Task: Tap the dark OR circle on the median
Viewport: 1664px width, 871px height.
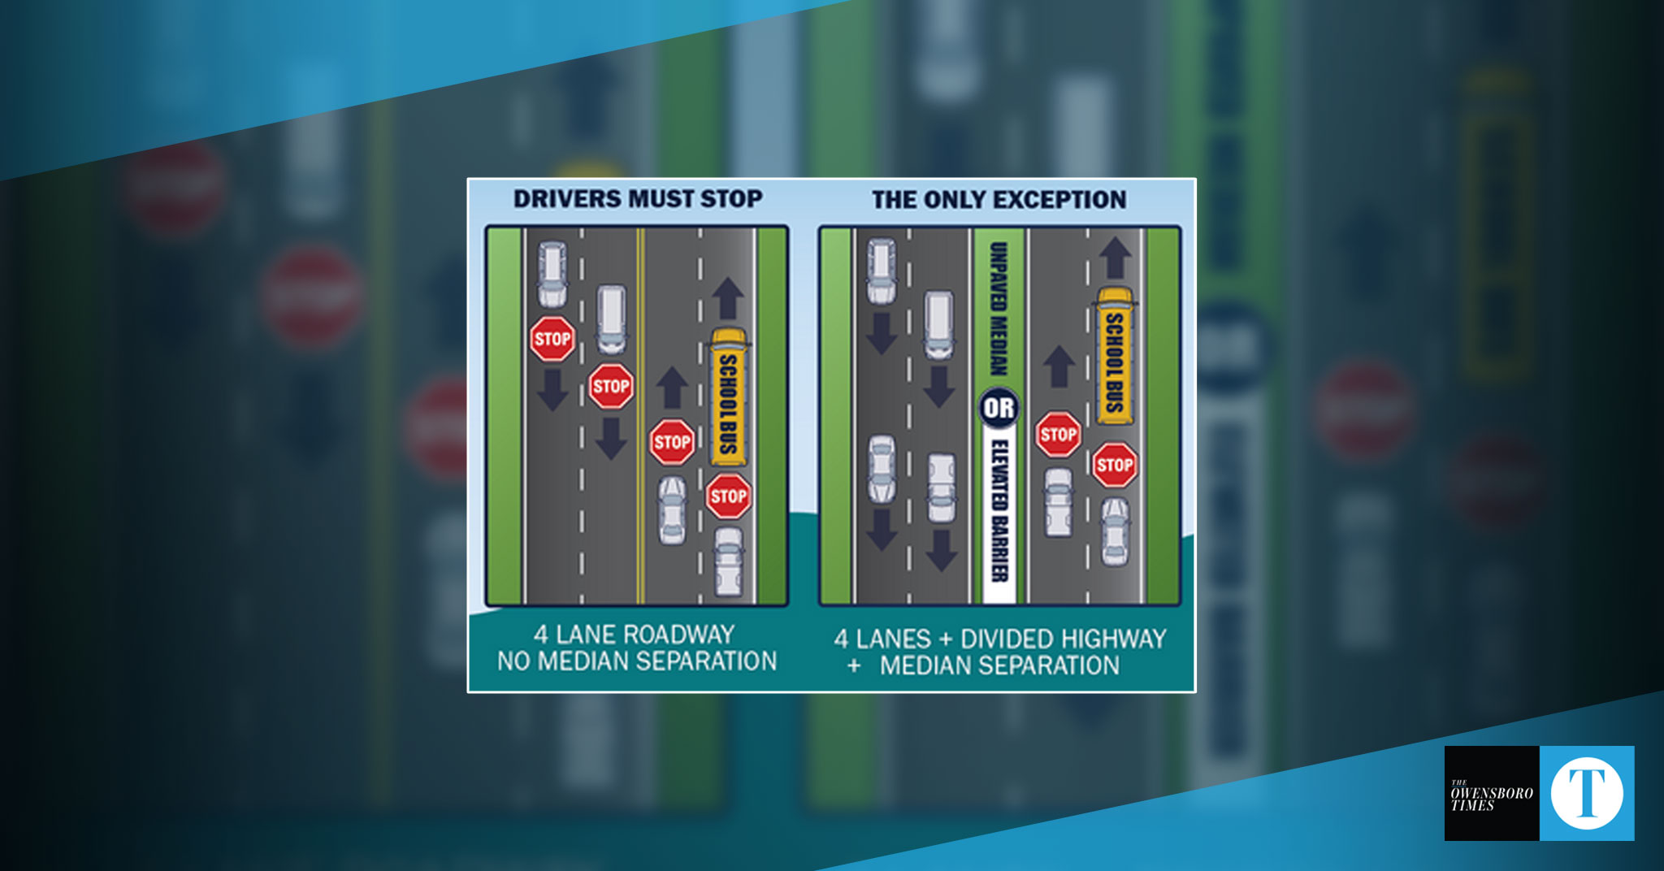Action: (999, 409)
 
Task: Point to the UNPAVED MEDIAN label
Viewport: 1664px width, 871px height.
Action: (999, 310)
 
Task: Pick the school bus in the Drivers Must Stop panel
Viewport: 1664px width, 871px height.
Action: (728, 396)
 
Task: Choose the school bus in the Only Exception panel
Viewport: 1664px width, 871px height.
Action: (1114, 356)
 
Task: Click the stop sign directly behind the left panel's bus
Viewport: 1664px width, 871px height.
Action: (728, 496)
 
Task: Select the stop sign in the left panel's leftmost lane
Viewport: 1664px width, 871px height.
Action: (552, 339)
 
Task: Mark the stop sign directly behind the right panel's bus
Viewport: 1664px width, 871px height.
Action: (1114, 465)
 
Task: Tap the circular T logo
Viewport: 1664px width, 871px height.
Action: (1587, 793)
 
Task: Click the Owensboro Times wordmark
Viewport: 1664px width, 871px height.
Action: (1491, 795)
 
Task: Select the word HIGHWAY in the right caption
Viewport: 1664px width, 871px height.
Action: (1117, 639)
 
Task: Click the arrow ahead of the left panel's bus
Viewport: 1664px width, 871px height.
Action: (728, 298)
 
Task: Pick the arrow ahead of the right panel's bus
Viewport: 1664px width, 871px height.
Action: (1115, 258)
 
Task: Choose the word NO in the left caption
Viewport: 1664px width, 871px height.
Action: (513, 661)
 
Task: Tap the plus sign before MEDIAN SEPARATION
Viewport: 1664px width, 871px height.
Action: (854, 666)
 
